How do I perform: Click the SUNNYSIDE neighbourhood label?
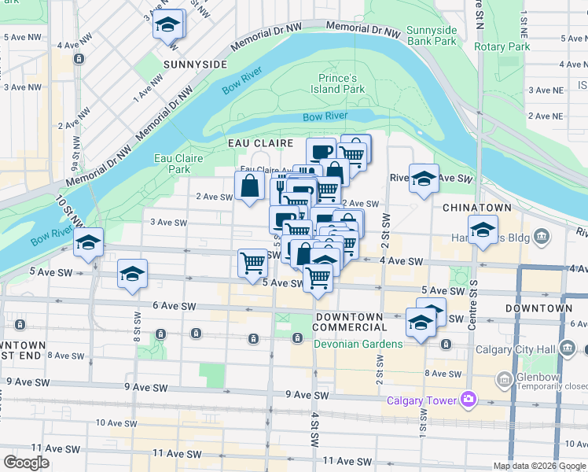click(x=196, y=63)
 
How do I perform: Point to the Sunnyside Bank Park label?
click(x=432, y=35)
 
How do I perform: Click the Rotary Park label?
click(x=502, y=46)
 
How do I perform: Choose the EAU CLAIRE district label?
click(x=260, y=143)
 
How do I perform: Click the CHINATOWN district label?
click(x=477, y=207)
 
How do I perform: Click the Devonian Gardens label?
click(x=359, y=344)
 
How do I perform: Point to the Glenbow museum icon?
click(x=504, y=381)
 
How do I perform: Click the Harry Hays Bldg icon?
click(x=541, y=236)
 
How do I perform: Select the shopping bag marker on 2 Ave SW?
click(x=249, y=187)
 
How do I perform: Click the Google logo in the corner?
click(x=26, y=463)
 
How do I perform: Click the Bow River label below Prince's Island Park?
click(x=325, y=116)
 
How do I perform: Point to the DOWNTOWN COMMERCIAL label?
click(x=351, y=322)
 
